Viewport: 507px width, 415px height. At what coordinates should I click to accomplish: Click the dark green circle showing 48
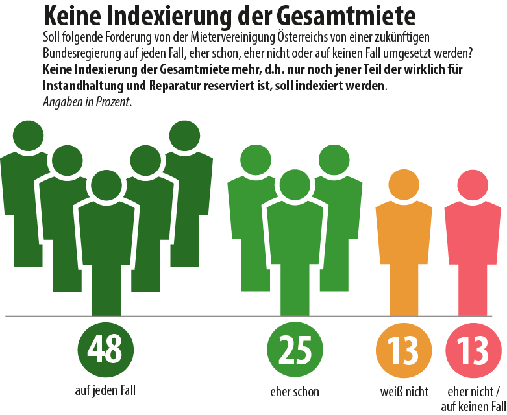[105, 350]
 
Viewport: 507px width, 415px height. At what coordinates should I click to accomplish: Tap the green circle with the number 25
[295, 350]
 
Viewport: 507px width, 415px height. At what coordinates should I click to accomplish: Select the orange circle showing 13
[404, 350]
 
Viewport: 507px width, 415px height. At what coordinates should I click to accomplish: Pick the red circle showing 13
[473, 350]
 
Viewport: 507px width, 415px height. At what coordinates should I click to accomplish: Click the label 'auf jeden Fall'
[105, 390]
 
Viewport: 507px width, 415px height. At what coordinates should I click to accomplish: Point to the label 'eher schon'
[295, 392]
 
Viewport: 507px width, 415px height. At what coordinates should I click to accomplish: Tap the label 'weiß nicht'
[404, 392]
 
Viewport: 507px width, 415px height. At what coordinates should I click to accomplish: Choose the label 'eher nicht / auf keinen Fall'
[473, 398]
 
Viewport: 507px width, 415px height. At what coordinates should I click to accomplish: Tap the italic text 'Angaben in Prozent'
[86, 102]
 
